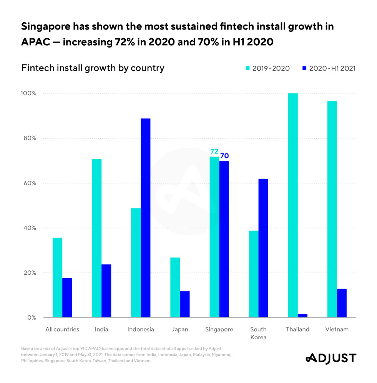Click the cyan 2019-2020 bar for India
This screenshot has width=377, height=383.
coord(96,238)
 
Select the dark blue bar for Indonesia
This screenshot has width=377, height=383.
coord(146,218)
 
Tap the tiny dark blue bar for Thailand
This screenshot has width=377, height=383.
coord(302,316)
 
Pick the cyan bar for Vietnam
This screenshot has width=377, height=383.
coord(332,209)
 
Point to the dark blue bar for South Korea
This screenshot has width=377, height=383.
coord(263,248)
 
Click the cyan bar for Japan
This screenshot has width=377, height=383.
coord(175,287)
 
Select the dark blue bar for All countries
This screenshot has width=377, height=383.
coord(67,298)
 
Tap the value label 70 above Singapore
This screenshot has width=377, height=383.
coord(224,156)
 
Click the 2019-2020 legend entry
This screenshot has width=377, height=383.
coord(267,68)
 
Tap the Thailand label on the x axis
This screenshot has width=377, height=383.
coord(298,329)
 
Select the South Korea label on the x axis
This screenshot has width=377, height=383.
coord(259,333)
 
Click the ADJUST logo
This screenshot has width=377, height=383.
coord(330,358)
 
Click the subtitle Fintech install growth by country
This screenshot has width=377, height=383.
coord(93,68)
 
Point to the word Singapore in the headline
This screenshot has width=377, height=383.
coord(53,26)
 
